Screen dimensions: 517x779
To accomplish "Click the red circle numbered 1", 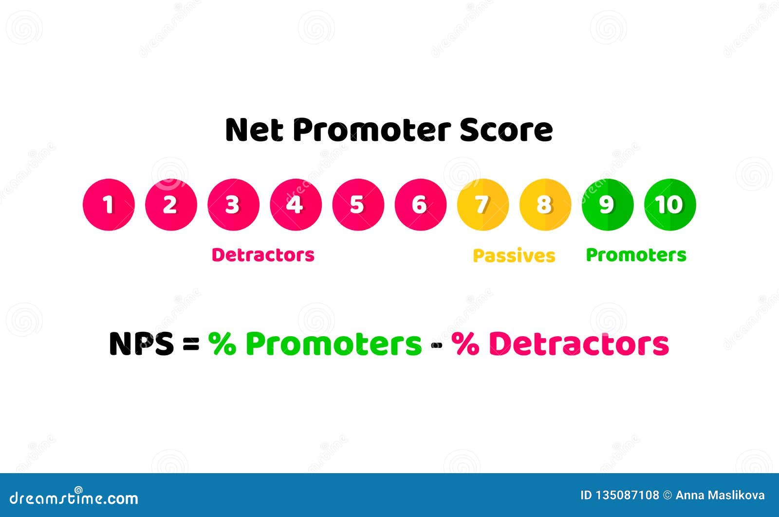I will pyautogui.click(x=109, y=205).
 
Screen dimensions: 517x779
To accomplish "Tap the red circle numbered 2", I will pyautogui.click(x=171, y=205).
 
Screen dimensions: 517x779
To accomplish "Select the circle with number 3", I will pyautogui.click(x=233, y=205).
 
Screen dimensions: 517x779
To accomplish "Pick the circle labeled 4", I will pyautogui.click(x=296, y=205).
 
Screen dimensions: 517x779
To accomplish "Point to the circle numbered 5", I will pyautogui.click(x=358, y=205).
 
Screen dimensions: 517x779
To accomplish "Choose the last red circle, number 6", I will pyautogui.click(x=420, y=205).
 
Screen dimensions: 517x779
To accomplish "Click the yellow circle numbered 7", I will pyautogui.click(x=482, y=205).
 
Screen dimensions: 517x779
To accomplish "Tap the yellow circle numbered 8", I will pyautogui.click(x=545, y=205).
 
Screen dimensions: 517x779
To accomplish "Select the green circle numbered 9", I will pyautogui.click(x=607, y=205).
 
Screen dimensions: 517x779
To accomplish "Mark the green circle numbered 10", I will pyautogui.click(x=670, y=205).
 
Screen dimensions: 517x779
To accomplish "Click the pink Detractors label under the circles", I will pyautogui.click(x=263, y=255).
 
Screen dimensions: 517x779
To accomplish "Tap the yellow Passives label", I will pyautogui.click(x=514, y=256).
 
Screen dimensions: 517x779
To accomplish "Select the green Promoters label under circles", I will pyautogui.click(x=636, y=255).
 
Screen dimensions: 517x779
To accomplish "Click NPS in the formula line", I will pyautogui.click(x=141, y=344).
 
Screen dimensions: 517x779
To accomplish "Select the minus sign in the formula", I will pyautogui.click(x=436, y=345).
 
